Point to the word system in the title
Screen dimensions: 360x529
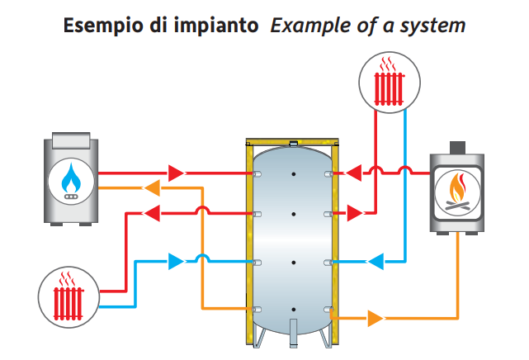pyautogui.click(x=435, y=26)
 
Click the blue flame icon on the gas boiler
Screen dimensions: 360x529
pyautogui.click(x=72, y=179)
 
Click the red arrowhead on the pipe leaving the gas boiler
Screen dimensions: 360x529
pyautogui.click(x=176, y=173)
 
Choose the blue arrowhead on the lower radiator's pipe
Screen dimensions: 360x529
pyautogui.click(x=176, y=262)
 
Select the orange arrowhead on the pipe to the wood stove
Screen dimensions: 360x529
pyautogui.click(x=375, y=317)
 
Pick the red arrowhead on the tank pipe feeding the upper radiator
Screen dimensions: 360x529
pyautogui.click(x=353, y=213)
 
